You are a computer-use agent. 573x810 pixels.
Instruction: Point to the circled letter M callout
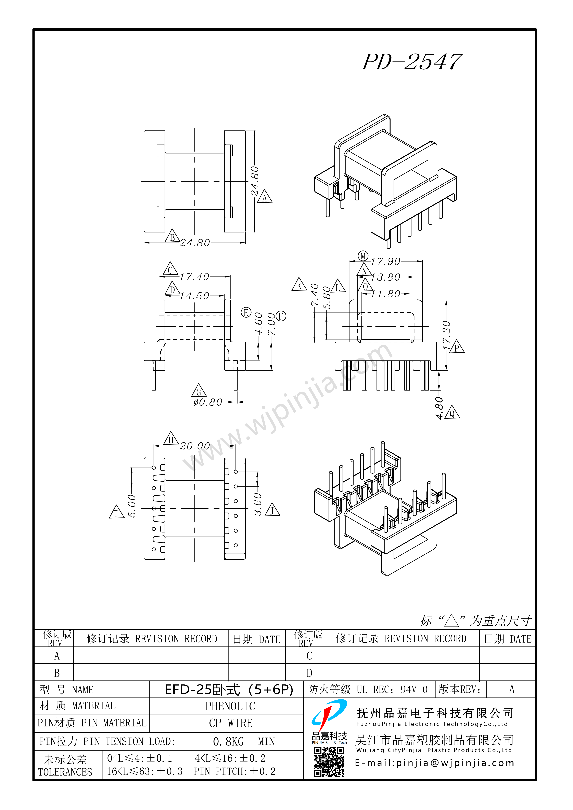pyautogui.click(x=363, y=256)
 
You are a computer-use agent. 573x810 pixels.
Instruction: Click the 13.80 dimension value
pyautogui.click(x=385, y=277)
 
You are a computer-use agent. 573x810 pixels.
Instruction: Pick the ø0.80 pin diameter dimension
pyautogui.click(x=208, y=402)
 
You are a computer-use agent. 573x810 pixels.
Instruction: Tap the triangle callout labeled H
pyautogui.click(x=171, y=439)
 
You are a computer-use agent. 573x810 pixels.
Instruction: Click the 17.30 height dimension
pyautogui.click(x=447, y=335)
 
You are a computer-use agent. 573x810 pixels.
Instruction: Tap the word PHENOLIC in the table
pyautogui.click(x=230, y=706)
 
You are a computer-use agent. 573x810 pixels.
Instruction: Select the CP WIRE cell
pyautogui.click(x=231, y=723)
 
